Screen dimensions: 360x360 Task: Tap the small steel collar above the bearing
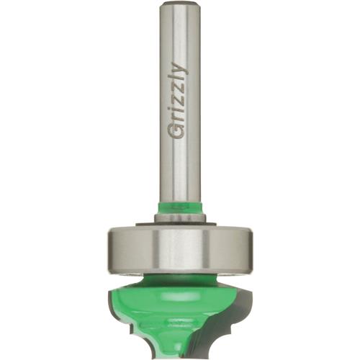180,218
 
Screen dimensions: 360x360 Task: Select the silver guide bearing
180,248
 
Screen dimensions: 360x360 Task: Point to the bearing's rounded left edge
112,248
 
